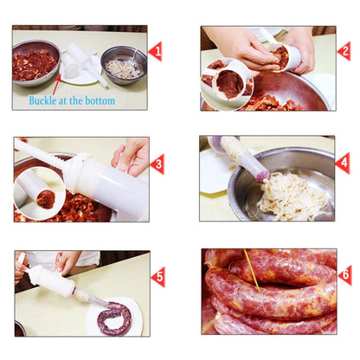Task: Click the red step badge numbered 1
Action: [157, 51]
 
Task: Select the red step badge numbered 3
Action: [157, 163]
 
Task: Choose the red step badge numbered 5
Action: [157, 276]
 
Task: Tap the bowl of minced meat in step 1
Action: [35, 62]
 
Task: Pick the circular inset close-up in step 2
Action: [228, 83]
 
